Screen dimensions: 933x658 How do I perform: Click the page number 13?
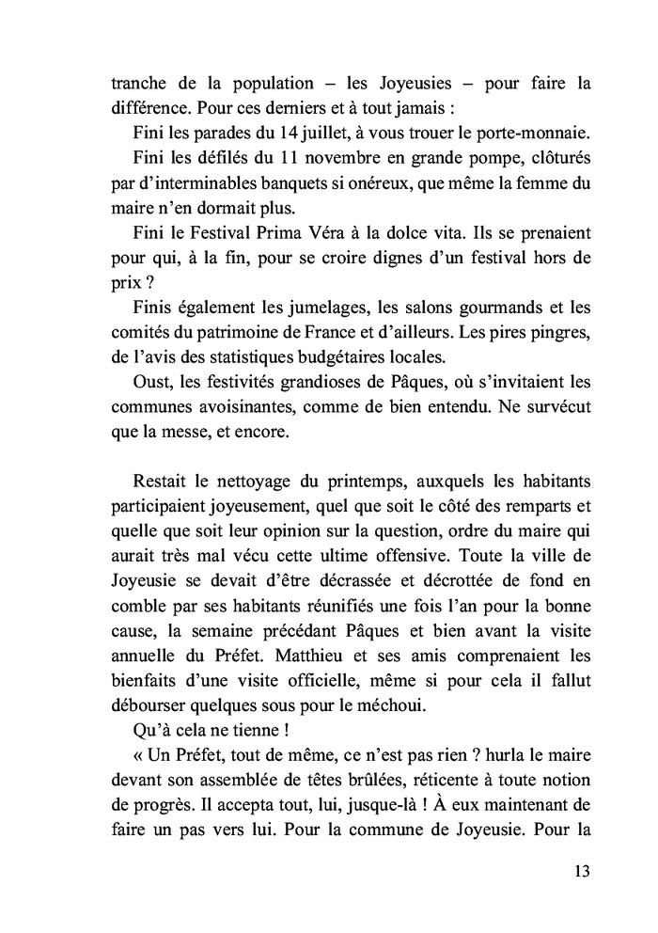point(580,871)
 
